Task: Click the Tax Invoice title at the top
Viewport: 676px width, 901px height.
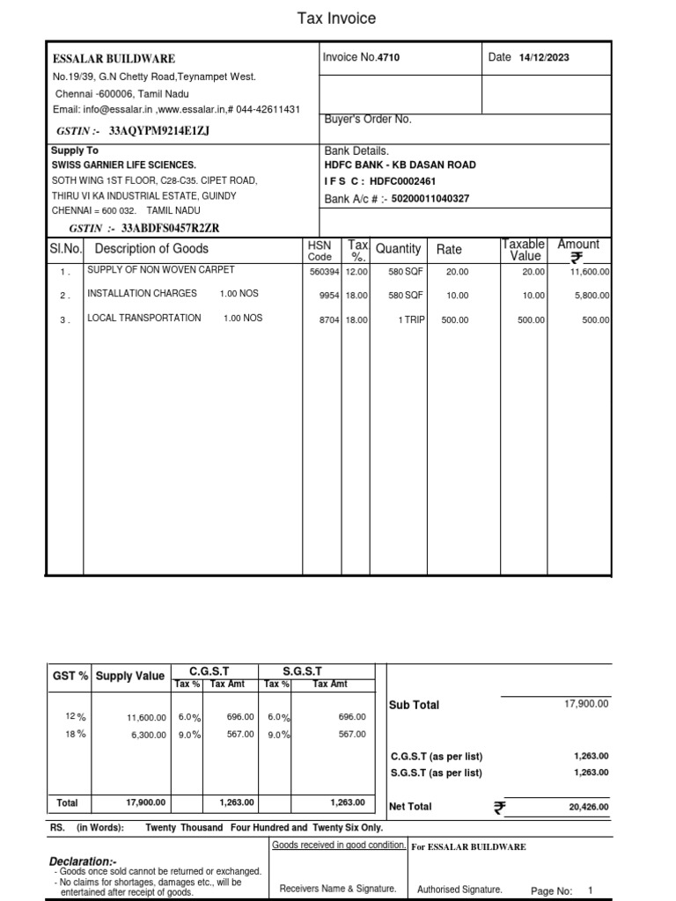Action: (338, 18)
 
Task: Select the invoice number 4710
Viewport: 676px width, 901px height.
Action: (389, 58)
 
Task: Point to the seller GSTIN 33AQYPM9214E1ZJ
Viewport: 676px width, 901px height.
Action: (159, 131)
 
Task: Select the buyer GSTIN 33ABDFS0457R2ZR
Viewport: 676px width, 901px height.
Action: (163, 229)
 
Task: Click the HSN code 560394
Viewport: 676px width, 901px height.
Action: (322, 272)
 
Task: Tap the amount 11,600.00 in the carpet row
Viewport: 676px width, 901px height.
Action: (590, 272)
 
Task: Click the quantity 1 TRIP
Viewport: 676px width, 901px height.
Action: (411, 320)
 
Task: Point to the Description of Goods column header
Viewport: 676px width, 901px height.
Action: (151, 249)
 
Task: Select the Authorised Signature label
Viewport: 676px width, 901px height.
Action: (459, 890)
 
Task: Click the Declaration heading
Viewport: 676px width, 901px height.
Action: (83, 861)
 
